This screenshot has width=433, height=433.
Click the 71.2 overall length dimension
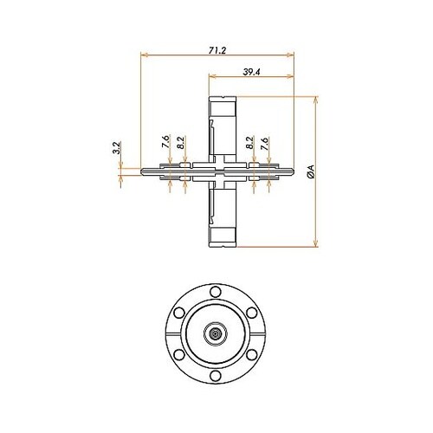217,50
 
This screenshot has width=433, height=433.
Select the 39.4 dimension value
251,72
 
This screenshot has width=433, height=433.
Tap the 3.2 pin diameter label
116,148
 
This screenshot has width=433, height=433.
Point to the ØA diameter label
311,171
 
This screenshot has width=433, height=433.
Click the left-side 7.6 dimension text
165,141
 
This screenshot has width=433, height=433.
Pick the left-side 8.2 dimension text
181,143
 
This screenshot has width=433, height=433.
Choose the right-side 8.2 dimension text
249,143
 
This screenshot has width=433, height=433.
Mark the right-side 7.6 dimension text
264,144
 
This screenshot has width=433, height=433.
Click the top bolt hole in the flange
216,292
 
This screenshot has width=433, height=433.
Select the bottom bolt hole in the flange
216,376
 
